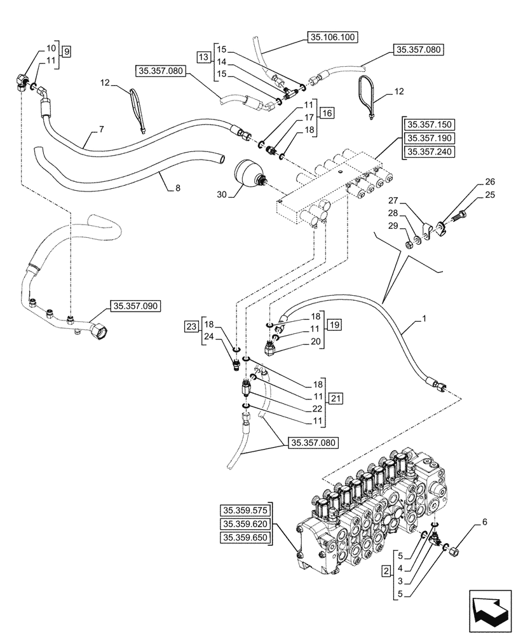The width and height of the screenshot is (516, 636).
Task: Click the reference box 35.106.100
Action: (333, 38)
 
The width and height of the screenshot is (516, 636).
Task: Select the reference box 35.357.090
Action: (136, 306)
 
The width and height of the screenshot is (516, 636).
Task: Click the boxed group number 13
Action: (203, 58)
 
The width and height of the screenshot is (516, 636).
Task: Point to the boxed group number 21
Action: (336, 398)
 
